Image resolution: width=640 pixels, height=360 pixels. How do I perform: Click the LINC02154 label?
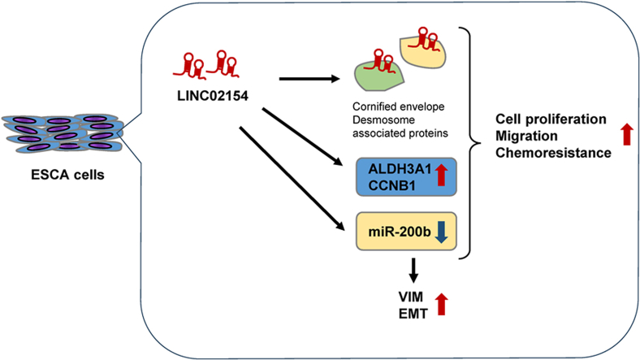(x=213, y=96)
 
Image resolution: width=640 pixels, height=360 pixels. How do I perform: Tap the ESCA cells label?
(x=67, y=175)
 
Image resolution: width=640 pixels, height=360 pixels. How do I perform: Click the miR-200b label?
(x=400, y=232)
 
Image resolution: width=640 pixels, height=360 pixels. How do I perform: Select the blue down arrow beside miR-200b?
(x=442, y=232)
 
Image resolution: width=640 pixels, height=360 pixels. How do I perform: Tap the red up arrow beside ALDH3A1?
(x=441, y=174)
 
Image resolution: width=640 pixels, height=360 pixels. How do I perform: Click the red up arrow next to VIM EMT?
(x=441, y=304)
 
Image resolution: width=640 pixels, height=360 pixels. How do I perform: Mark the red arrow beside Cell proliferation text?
(x=627, y=135)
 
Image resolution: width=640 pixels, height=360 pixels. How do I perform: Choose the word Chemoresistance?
(x=553, y=153)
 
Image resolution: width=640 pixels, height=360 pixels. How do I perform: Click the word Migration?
(x=526, y=136)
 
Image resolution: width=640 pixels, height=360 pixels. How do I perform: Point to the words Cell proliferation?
(x=551, y=119)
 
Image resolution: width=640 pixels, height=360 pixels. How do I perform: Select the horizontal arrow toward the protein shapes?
(x=309, y=79)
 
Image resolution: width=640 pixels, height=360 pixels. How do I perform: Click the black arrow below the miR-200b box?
(x=413, y=271)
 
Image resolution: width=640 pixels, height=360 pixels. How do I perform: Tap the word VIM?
(x=411, y=297)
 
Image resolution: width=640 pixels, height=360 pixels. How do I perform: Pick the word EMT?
(x=413, y=314)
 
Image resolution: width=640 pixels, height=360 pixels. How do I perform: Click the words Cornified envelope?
(x=398, y=107)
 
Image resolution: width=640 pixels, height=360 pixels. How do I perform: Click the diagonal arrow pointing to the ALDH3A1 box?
(x=302, y=137)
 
